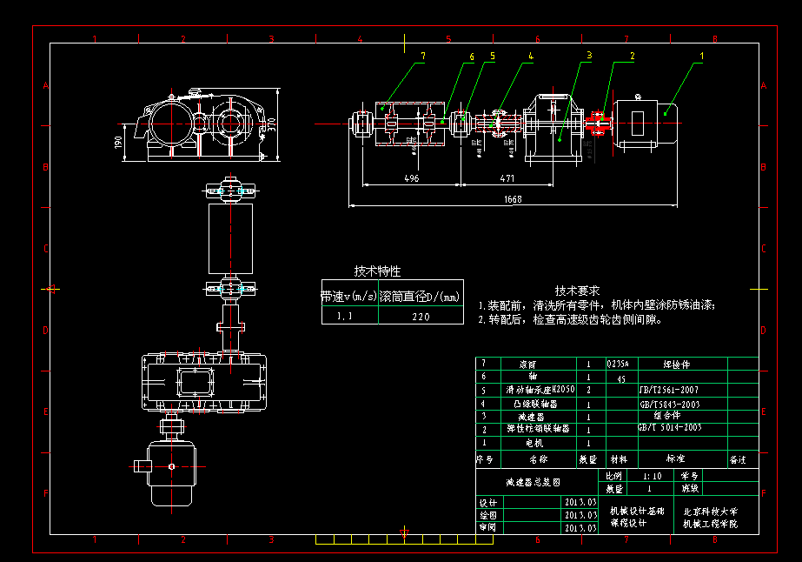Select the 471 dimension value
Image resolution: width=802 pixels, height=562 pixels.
pyautogui.click(x=507, y=178)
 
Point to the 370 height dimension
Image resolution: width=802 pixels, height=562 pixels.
pyautogui.click(x=271, y=124)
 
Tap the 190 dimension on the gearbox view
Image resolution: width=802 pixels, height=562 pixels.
pyautogui.click(x=118, y=140)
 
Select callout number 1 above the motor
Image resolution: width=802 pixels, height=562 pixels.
pyautogui.click(x=702, y=55)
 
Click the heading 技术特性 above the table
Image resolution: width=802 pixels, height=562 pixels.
pyautogui.click(x=377, y=271)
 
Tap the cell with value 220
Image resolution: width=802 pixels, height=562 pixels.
pyautogui.click(x=421, y=317)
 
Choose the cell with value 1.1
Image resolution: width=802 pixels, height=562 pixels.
pyautogui.click(x=346, y=317)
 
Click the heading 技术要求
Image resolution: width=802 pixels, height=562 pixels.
pyautogui.click(x=578, y=290)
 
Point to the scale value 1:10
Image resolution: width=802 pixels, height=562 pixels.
pyautogui.click(x=652, y=476)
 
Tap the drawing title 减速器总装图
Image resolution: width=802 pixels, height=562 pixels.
pyautogui.click(x=533, y=481)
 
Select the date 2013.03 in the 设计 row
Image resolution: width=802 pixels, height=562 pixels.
pyautogui.click(x=580, y=503)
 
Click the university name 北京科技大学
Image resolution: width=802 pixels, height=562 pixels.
pyautogui.click(x=710, y=512)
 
